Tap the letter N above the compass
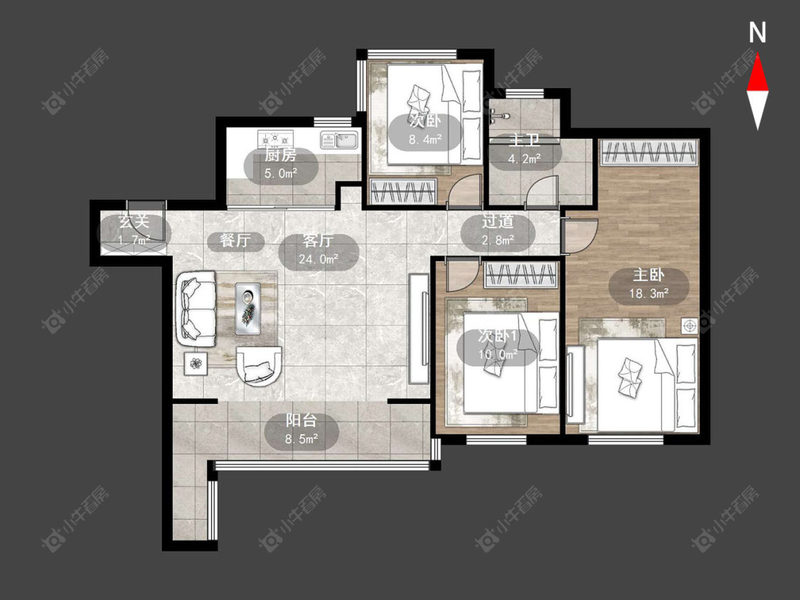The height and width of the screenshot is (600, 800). pyautogui.click(x=757, y=33)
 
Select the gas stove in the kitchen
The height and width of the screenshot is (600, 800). pyautogui.click(x=276, y=138)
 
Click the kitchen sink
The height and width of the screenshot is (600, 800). pyautogui.click(x=339, y=139)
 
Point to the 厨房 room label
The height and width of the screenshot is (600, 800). pyautogui.click(x=281, y=155)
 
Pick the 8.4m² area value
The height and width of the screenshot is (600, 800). pyautogui.click(x=425, y=139)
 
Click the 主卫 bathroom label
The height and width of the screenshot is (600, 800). pyautogui.click(x=525, y=140)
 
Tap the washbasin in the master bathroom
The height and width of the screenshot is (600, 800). pyautogui.click(x=497, y=115)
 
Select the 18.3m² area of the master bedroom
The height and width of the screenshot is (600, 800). pyautogui.click(x=649, y=293)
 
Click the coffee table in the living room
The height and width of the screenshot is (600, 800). pyautogui.click(x=248, y=309)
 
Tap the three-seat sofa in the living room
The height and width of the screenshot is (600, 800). pyautogui.click(x=196, y=309)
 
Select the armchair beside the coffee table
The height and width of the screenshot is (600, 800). pyautogui.click(x=259, y=365)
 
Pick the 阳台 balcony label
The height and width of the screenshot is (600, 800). pyautogui.click(x=301, y=420)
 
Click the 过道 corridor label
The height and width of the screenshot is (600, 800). pyautogui.click(x=498, y=221)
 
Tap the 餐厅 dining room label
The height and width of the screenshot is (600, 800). pyautogui.click(x=235, y=240)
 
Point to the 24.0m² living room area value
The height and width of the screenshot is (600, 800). pyautogui.click(x=319, y=259)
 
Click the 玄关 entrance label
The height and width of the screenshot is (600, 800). pyautogui.click(x=134, y=222)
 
